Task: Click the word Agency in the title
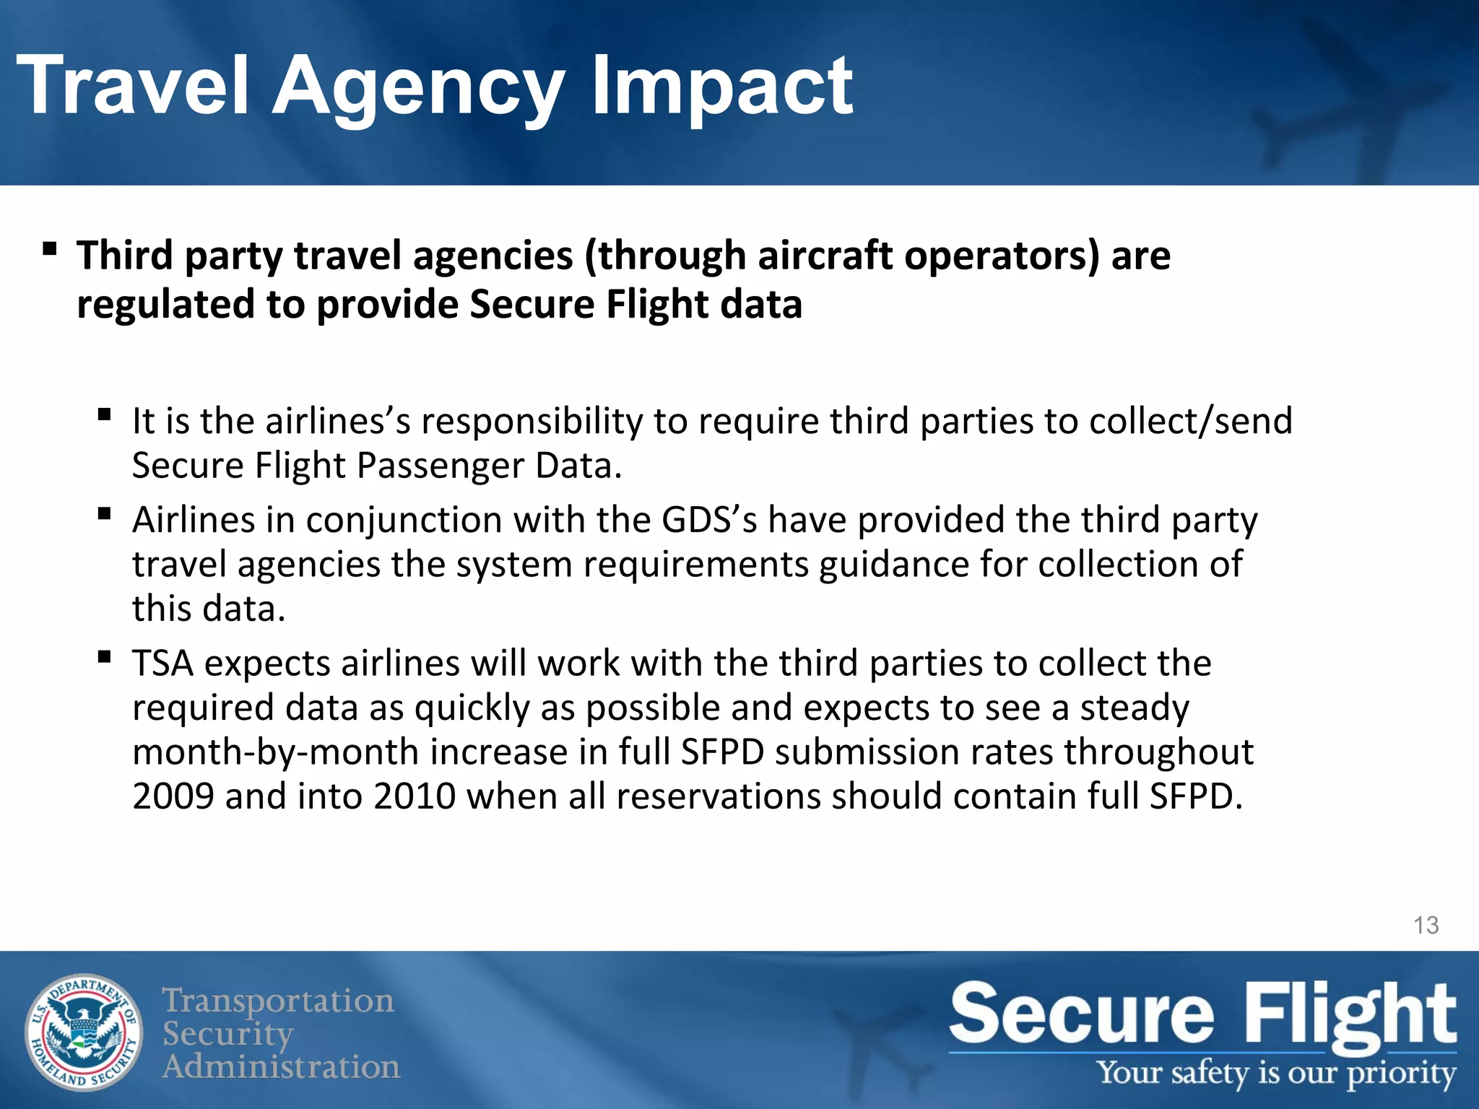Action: (418, 88)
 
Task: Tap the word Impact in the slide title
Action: (721, 88)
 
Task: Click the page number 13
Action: (1426, 925)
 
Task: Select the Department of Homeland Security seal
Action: (84, 1032)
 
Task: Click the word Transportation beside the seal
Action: (278, 1001)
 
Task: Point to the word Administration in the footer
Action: (281, 1066)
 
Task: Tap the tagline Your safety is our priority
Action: (1276, 1073)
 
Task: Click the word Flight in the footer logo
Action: (1350, 1014)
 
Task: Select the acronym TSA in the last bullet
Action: (162, 664)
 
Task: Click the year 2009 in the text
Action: (173, 796)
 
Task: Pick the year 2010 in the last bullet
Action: (415, 796)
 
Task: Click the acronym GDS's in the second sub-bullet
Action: (709, 520)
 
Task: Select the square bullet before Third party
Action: (49, 250)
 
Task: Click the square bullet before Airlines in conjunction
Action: (105, 514)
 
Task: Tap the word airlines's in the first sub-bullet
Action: (338, 421)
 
